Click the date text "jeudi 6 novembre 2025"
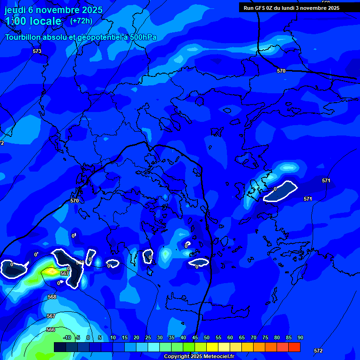(53, 10)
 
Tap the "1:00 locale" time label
(33, 21)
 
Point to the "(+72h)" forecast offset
(81, 21)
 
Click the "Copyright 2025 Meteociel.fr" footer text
(199, 357)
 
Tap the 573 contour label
(37, 51)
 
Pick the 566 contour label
(51, 330)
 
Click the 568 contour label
(52, 297)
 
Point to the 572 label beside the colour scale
(318, 351)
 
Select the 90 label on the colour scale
(300, 338)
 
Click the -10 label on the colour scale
(67, 338)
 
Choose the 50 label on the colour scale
(206, 338)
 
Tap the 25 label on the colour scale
(148, 338)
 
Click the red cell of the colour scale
(294, 347)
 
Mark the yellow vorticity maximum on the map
(51, 271)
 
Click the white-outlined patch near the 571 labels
(281, 191)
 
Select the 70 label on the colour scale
(253, 338)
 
